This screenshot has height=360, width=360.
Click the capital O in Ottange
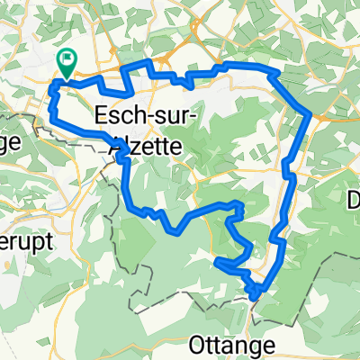coord(198,343)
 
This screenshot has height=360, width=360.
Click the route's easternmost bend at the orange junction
coord(310,113)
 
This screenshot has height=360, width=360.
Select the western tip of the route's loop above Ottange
coord(217,262)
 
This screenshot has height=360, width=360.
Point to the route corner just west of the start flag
coord(56,83)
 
